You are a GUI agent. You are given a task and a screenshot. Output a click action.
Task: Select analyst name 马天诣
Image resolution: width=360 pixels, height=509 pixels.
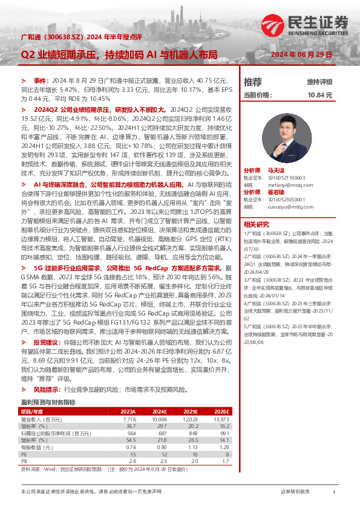(x=277, y=172)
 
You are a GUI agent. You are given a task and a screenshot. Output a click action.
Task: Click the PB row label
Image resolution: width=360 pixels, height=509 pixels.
(x=25, y=460)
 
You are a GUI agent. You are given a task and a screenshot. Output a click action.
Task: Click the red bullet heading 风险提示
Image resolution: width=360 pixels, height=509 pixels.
(x=47, y=389)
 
